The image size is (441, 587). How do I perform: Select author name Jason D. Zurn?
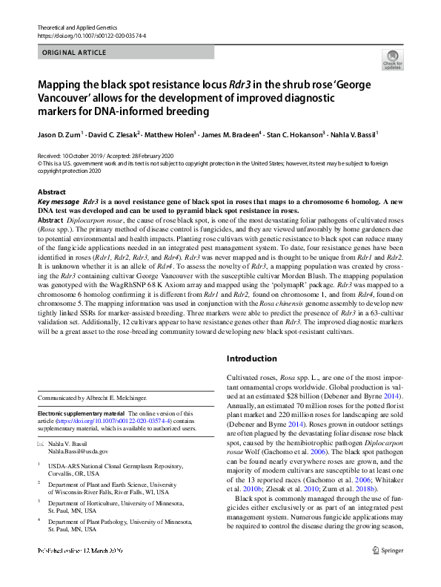(59, 136)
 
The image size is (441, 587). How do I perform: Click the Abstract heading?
(51, 192)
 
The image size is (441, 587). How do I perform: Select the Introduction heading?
(251, 358)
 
